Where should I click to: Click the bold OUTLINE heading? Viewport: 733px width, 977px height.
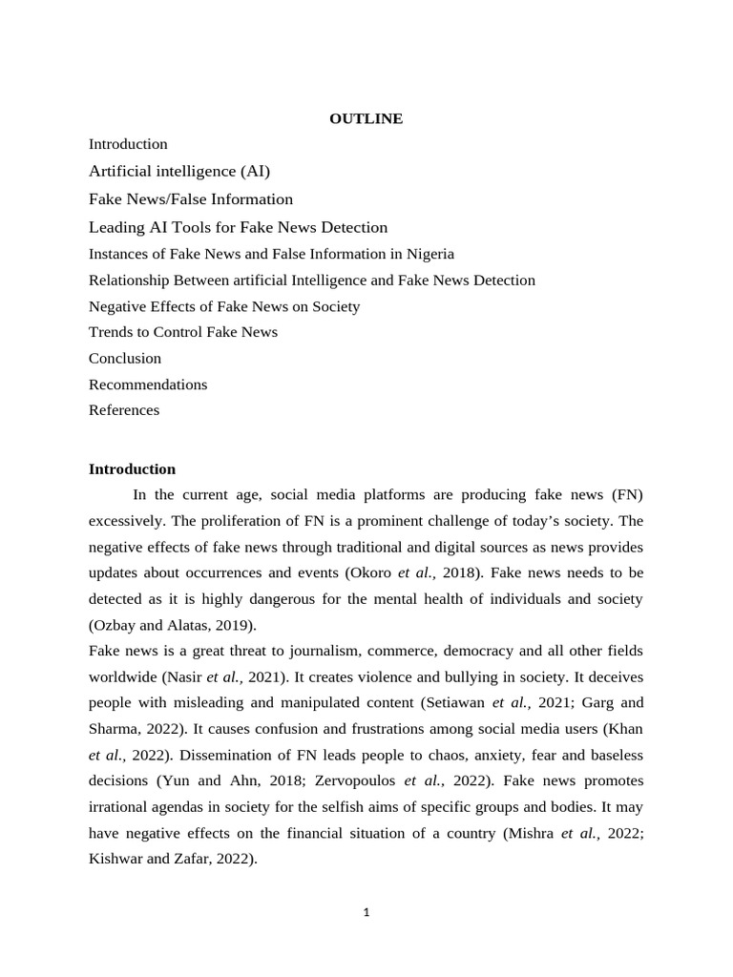tap(366, 118)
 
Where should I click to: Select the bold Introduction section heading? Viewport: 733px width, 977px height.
tap(132, 468)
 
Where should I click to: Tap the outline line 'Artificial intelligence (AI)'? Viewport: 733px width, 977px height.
tap(179, 171)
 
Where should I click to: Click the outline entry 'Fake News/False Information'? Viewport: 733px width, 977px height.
tap(191, 198)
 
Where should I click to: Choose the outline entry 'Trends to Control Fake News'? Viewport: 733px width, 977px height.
tap(183, 332)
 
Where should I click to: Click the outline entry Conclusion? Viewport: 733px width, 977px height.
tap(125, 358)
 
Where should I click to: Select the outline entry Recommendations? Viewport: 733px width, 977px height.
tap(148, 385)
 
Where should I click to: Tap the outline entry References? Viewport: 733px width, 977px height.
tap(124, 410)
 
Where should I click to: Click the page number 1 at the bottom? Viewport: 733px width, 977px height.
tap(366, 912)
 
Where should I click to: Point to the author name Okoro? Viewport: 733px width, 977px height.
tap(366, 572)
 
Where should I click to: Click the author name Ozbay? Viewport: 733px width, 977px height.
tap(116, 625)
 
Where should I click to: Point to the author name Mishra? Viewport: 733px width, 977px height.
tap(527, 832)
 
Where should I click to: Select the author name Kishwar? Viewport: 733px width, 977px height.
tap(116, 859)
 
